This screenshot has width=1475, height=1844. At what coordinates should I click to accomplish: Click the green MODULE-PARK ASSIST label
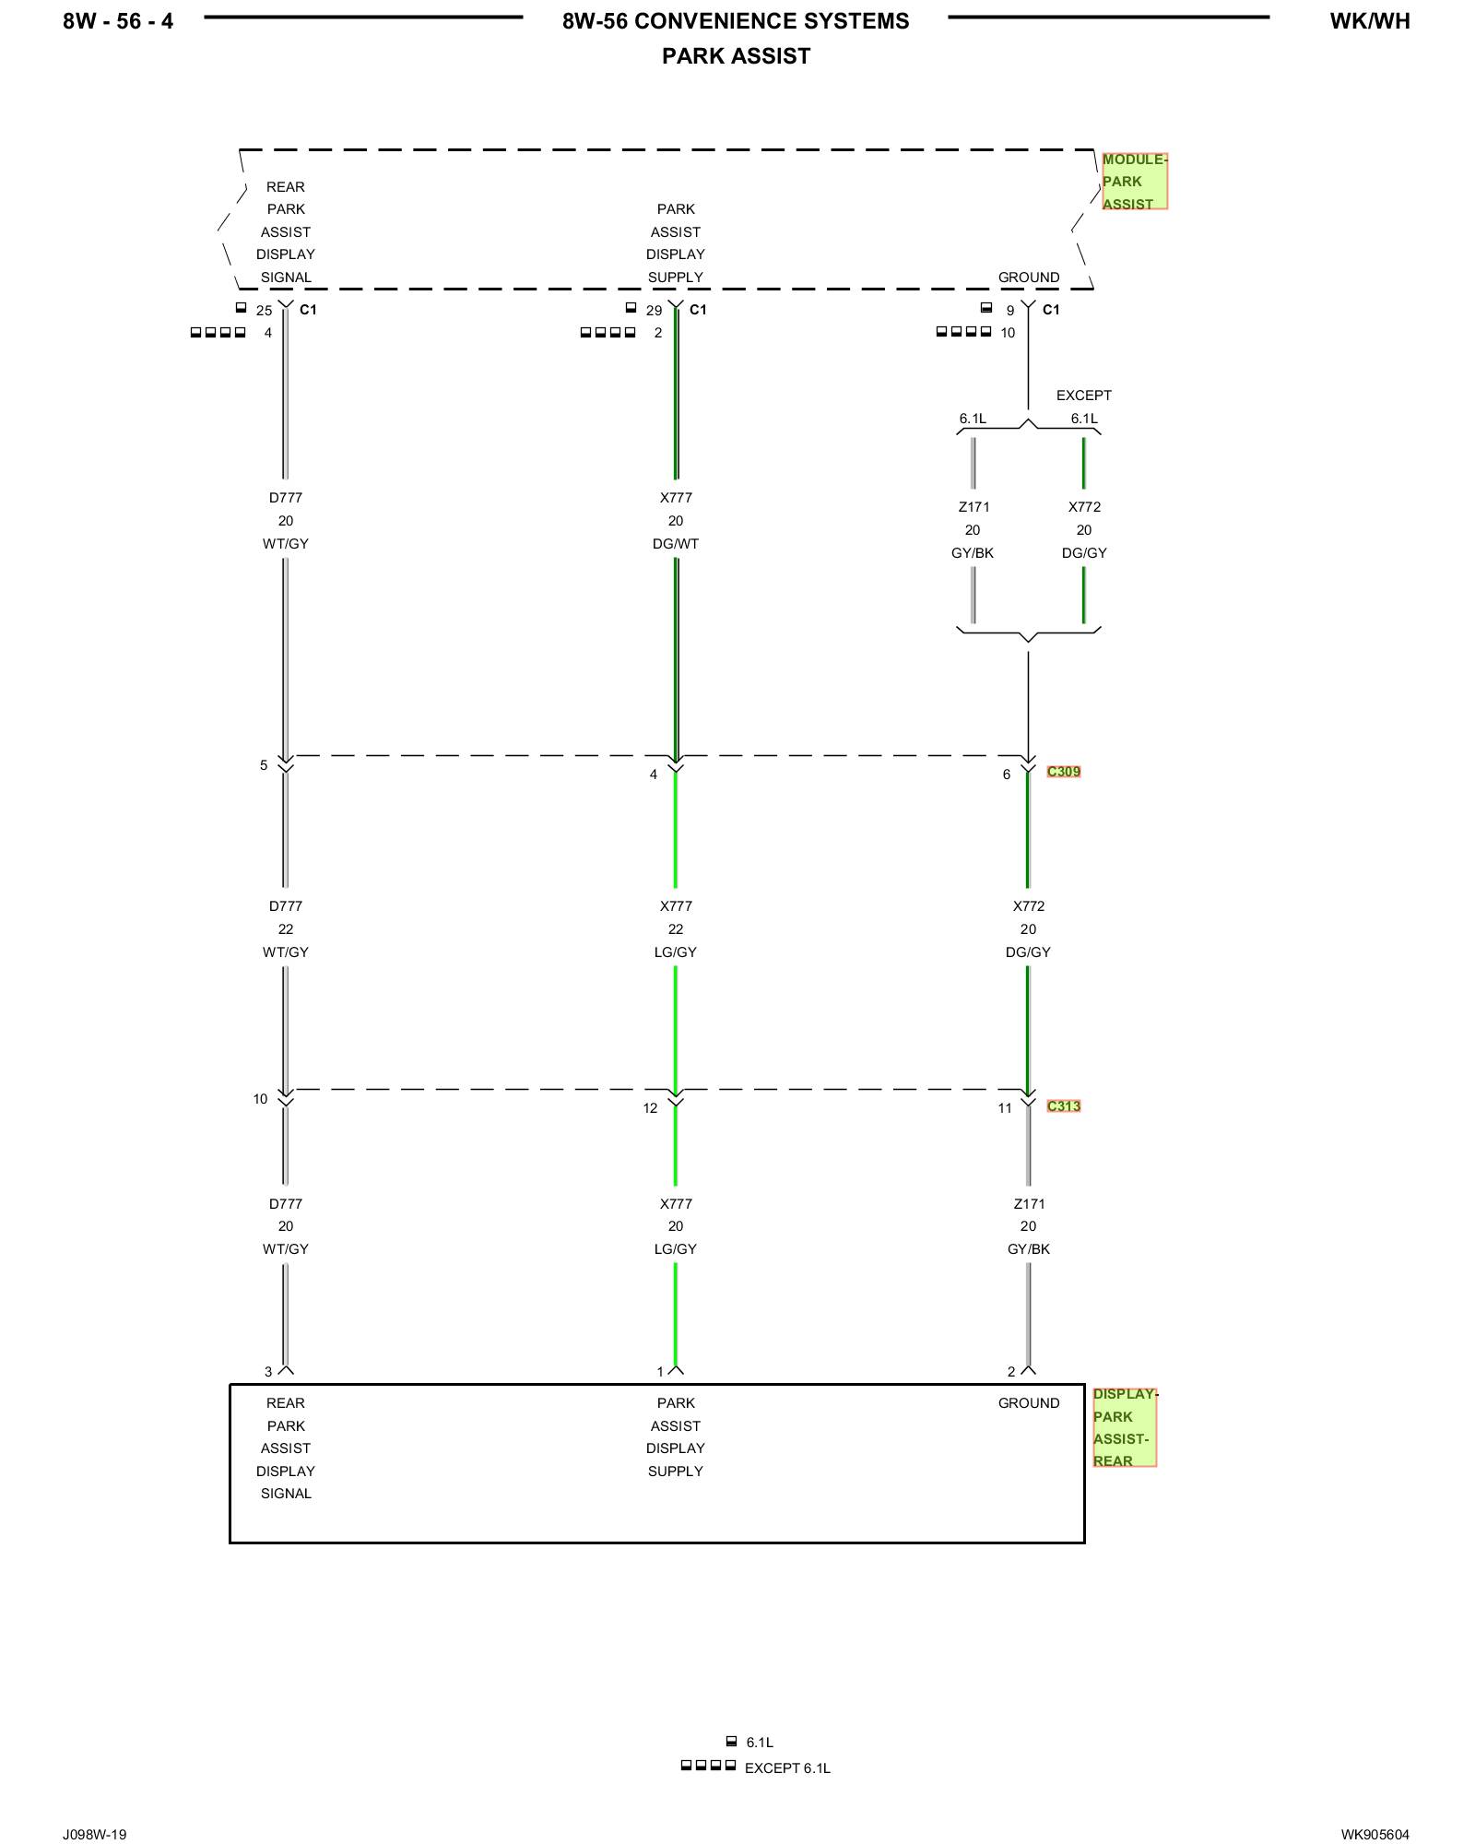click(1134, 182)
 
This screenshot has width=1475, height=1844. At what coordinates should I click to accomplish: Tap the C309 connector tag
click(1063, 772)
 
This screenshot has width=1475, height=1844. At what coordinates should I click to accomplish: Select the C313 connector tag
click(1063, 1106)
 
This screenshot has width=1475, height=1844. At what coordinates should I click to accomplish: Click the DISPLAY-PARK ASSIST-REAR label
click(1124, 1427)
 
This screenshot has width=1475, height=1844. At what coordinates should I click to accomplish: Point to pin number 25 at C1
click(264, 311)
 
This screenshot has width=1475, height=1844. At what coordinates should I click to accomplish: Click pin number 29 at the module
click(654, 311)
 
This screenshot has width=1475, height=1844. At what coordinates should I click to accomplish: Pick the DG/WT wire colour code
click(676, 544)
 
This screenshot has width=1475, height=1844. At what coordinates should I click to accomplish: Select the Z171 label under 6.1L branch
click(973, 507)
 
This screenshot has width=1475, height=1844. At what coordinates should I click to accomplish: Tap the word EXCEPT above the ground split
click(1083, 396)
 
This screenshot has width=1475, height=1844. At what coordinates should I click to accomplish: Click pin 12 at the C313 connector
click(650, 1108)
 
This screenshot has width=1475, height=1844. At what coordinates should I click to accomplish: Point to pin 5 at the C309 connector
click(264, 765)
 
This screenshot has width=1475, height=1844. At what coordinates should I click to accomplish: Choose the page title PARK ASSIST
click(736, 57)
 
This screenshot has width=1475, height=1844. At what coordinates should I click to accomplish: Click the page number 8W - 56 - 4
click(118, 21)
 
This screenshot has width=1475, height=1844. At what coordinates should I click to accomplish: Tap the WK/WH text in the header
click(1369, 21)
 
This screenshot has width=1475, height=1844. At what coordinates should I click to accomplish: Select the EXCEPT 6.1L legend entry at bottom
click(786, 1768)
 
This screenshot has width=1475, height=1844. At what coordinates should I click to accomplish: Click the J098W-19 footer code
click(94, 1835)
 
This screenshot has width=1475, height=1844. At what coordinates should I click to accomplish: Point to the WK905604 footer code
click(1375, 1835)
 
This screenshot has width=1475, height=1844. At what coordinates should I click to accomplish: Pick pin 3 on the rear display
click(268, 1372)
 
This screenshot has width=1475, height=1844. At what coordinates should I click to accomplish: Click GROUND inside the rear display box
click(1028, 1403)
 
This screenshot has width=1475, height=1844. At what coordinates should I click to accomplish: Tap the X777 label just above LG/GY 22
click(676, 906)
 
